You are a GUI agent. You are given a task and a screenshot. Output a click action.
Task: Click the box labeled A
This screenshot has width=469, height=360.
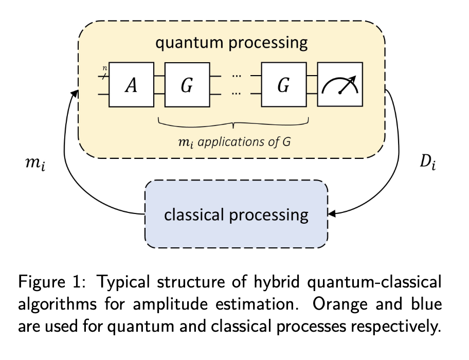(x=132, y=85)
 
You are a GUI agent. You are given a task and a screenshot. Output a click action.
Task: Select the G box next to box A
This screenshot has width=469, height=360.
(x=187, y=85)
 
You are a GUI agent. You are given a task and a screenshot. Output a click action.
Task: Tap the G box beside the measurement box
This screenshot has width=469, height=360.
(x=284, y=85)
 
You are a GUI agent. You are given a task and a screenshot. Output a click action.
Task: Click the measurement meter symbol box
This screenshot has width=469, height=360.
(x=340, y=84)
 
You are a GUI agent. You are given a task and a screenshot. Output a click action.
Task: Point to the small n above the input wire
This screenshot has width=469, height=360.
(x=105, y=68)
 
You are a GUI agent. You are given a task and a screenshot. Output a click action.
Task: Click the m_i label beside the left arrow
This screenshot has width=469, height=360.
(x=35, y=164)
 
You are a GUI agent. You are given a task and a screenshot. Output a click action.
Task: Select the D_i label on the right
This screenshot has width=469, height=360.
(x=428, y=163)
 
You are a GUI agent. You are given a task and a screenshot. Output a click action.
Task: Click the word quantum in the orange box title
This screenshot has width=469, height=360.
(x=189, y=43)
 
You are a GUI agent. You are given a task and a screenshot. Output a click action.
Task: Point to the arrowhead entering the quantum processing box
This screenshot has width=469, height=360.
(x=75, y=94)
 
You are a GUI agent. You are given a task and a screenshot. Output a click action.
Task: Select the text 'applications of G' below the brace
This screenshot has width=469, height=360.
(x=244, y=141)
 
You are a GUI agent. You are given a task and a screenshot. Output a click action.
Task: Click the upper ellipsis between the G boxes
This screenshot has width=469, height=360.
(x=236, y=76)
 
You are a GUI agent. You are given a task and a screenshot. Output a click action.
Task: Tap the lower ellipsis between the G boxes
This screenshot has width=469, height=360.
(x=236, y=94)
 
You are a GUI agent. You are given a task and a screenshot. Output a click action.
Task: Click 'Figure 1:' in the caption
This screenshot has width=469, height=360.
(x=52, y=282)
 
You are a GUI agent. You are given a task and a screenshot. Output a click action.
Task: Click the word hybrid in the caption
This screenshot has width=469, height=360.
(x=277, y=282)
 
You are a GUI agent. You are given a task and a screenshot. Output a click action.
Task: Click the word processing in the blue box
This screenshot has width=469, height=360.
(x=268, y=215)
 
